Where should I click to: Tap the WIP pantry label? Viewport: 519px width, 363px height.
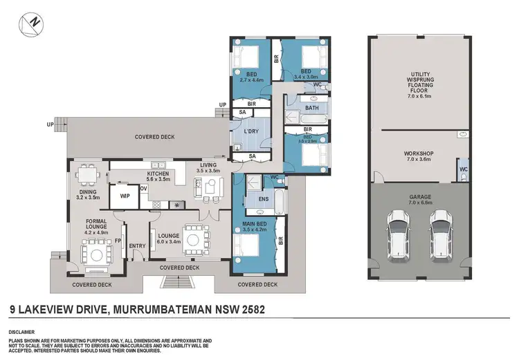tap(125, 196)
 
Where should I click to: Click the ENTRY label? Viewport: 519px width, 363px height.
tap(138, 245)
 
